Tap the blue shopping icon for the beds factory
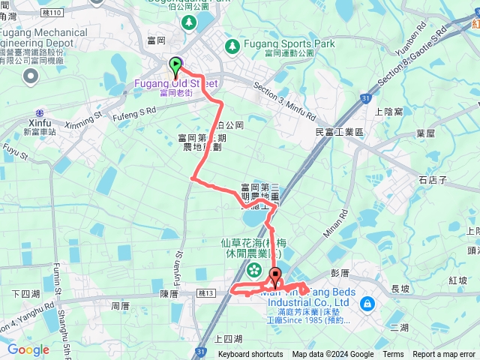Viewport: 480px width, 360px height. click(x=367, y=303)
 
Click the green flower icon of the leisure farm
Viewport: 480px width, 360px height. click(x=254, y=269)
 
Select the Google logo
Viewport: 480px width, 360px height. click(x=28, y=349)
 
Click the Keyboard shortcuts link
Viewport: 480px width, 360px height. click(x=250, y=355)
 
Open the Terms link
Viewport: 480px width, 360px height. click(x=393, y=355)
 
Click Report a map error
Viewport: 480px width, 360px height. click(x=445, y=355)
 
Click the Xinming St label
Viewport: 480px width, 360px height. click(x=84, y=120)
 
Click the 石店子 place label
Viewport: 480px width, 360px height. click(x=433, y=180)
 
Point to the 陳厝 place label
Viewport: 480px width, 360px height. click(x=169, y=295)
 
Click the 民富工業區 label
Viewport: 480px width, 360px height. click(x=339, y=132)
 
